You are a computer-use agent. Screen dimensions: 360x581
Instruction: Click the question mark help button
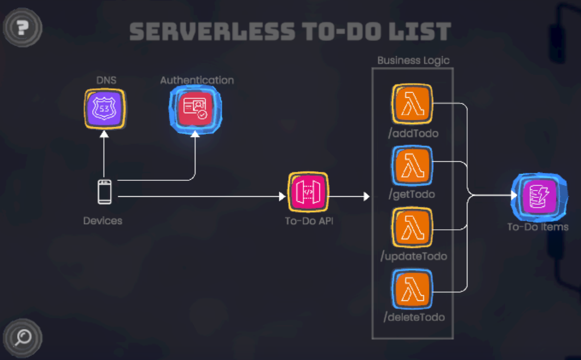[x=22, y=27]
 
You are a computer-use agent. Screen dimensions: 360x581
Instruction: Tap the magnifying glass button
[x=23, y=338]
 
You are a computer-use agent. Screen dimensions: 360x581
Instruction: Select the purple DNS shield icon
[x=104, y=108]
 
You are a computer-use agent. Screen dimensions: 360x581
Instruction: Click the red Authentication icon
[x=195, y=108]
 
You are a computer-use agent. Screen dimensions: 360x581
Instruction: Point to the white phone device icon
[x=105, y=192]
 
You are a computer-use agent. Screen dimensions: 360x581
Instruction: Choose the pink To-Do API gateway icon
[x=308, y=192]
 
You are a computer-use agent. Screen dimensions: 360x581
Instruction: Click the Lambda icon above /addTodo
[x=412, y=104]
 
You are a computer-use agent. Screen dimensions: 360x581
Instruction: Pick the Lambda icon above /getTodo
[x=412, y=165]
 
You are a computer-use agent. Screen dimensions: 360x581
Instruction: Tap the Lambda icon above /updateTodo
[x=412, y=226]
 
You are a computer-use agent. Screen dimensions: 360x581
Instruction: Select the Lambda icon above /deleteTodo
[x=412, y=288]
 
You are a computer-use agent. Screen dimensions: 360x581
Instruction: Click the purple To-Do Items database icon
[x=537, y=196]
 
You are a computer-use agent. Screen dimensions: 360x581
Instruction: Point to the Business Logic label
[x=413, y=60]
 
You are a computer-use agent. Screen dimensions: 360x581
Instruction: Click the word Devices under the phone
[x=103, y=221]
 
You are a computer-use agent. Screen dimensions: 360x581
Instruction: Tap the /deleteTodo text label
[x=414, y=317]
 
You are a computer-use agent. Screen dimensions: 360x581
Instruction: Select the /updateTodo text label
[x=414, y=256]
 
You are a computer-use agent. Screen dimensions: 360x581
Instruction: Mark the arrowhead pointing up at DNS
[x=104, y=134]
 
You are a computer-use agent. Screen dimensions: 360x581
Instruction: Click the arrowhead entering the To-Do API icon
[x=282, y=196]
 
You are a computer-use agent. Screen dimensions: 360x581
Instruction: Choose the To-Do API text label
[x=309, y=221]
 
